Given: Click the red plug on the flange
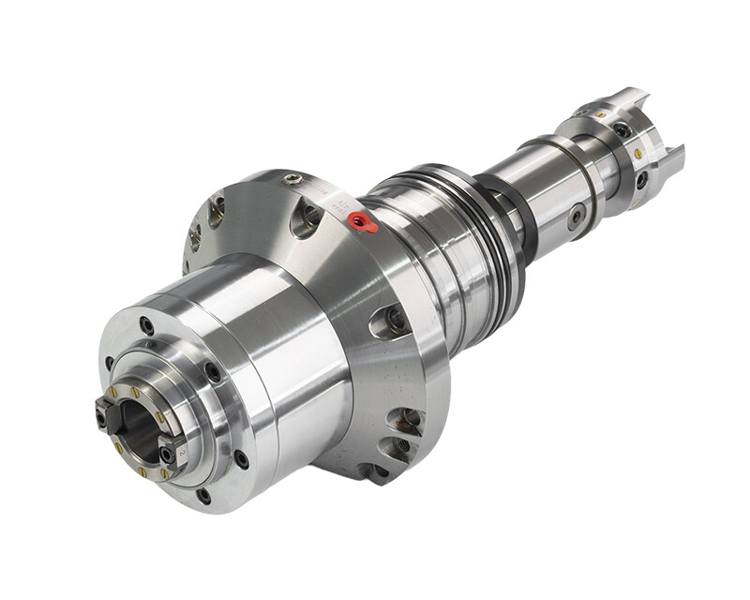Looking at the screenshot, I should click(x=362, y=222).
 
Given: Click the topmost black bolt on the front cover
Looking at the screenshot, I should click(x=147, y=325).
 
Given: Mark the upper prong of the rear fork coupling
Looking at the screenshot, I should click(x=630, y=101).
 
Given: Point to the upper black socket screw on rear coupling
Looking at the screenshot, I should click(x=622, y=130).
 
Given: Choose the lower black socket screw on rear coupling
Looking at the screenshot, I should click(x=641, y=178).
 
